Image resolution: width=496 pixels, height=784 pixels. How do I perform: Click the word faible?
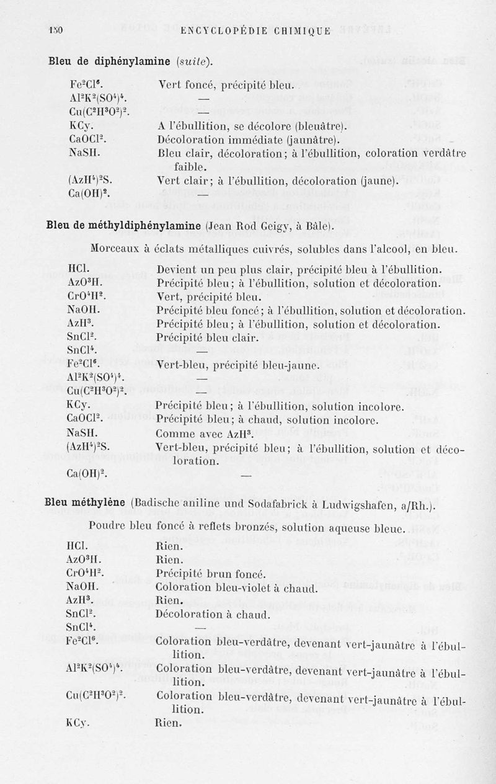point(190,166)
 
